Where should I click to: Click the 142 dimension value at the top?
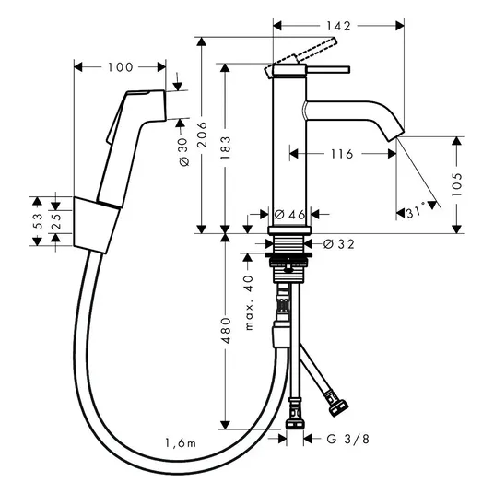click(x=338, y=26)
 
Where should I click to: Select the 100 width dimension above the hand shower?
click(x=121, y=67)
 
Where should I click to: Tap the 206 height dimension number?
click(x=202, y=135)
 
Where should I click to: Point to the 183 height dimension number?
click(x=225, y=147)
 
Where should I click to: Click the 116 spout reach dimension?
click(x=342, y=154)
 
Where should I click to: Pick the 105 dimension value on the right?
click(x=457, y=184)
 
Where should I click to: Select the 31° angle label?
click(x=416, y=213)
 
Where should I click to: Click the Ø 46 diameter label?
click(x=289, y=215)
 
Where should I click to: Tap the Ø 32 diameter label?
click(x=339, y=244)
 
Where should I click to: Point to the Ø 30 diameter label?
click(x=183, y=152)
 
